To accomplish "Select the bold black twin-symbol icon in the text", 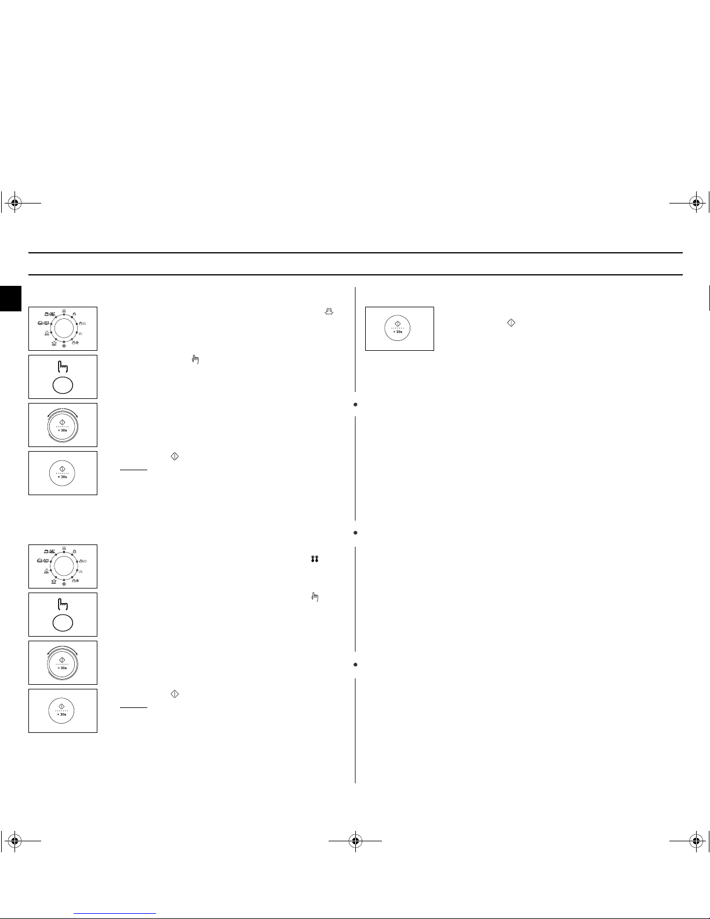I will click(315, 560).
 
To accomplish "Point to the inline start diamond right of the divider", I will click(511, 322).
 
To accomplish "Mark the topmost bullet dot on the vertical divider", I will click(355, 404).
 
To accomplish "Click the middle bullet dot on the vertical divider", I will click(355, 532).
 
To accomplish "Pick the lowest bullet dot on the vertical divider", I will click(355, 664).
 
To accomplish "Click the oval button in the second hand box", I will click(63, 623).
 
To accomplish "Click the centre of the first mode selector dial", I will click(63, 328).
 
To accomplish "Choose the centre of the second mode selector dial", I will click(63, 566).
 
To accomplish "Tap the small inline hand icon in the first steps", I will click(195, 360).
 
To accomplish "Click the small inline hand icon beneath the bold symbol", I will click(315, 597).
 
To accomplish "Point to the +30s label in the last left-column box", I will click(63, 714).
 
